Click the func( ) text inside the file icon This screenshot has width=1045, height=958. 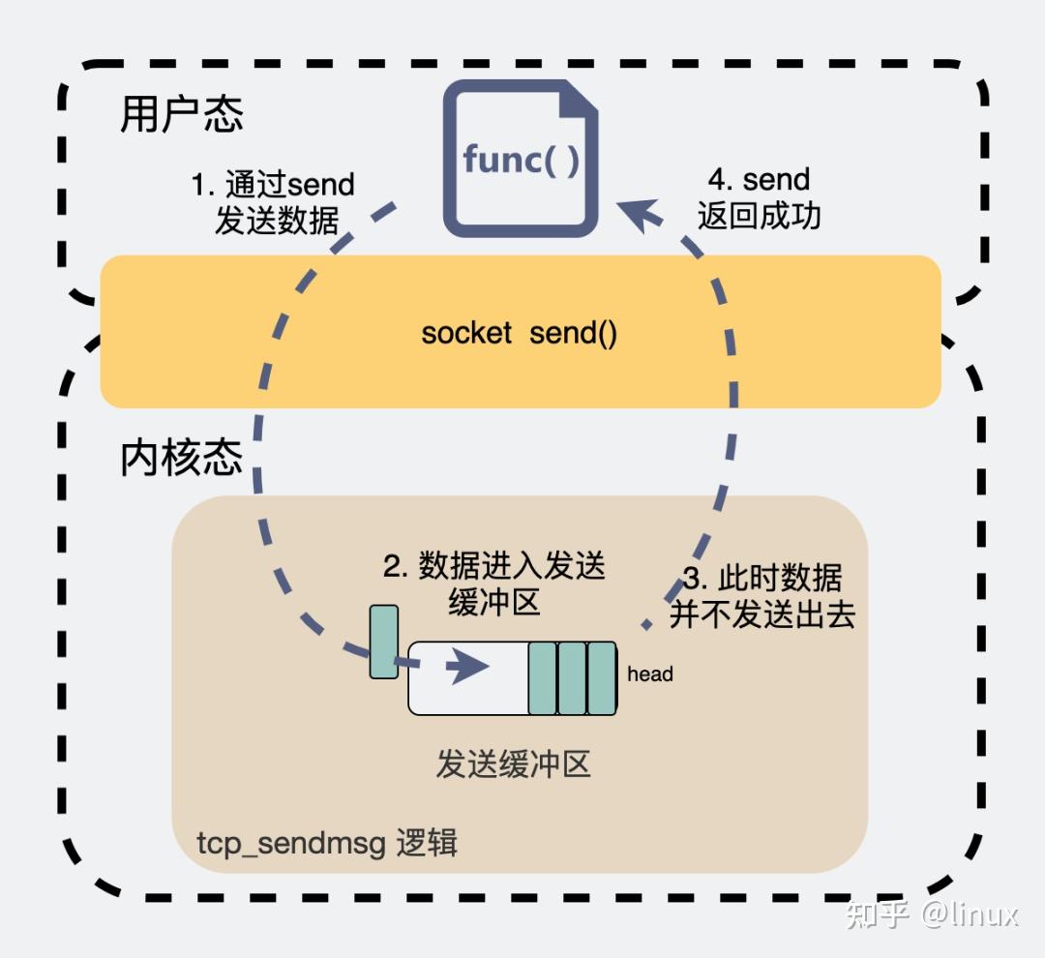(x=522, y=159)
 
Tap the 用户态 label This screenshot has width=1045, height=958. (x=181, y=114)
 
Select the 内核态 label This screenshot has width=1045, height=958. (x=181, y=458)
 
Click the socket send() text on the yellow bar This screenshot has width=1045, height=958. (x=520, y=333)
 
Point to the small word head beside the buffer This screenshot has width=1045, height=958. (x=649, y=674)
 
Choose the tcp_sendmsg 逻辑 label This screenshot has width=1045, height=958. (x=327, y=843)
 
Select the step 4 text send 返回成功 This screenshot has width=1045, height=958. (x=759, y=197)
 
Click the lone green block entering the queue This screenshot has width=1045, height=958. (x=384, y=642)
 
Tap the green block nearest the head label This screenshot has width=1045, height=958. (x=602, y=677)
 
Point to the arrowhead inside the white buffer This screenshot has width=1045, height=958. (x=469, y=667)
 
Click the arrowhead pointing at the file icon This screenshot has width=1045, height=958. (x=634, y=213)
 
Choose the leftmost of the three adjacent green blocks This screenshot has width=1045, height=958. (x=542, y=677)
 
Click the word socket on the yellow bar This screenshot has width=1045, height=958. (x=466, y=333)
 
